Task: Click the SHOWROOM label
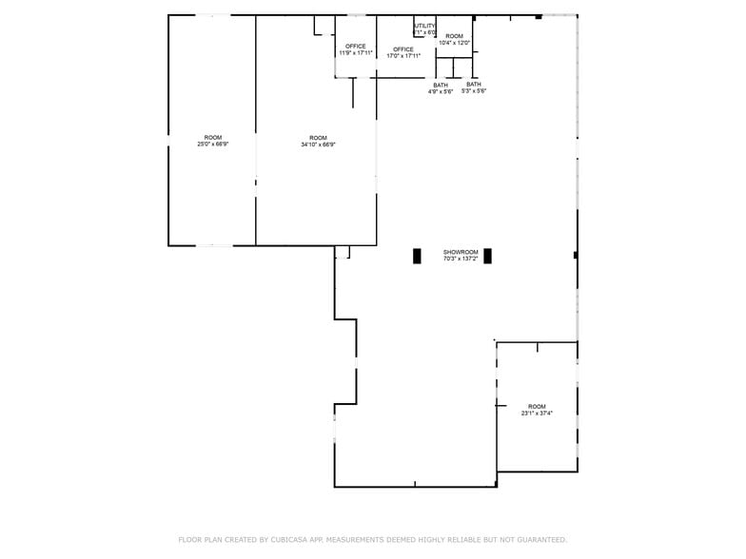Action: [460, 252]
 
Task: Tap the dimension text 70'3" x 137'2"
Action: [460, 259]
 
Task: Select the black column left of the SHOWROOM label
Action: [417, 256]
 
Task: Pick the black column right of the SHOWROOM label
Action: [487, 256]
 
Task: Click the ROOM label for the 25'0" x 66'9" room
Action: [212, 138]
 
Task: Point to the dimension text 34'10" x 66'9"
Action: [318, 145]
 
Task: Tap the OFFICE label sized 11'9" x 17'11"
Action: [356, 47]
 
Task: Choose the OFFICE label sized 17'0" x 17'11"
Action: [403, 49]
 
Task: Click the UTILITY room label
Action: [424, 26]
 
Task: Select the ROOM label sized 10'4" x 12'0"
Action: [454, 36]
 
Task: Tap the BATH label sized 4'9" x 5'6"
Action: [441, 85]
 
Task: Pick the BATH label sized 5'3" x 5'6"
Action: [474, 84]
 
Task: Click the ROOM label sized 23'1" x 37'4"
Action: [537, 407]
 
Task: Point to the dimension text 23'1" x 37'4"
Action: [537, 414]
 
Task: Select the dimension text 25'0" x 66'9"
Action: [212, 145]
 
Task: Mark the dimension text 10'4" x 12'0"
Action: [454, 43]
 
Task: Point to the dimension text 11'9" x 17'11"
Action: [356, 53]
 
